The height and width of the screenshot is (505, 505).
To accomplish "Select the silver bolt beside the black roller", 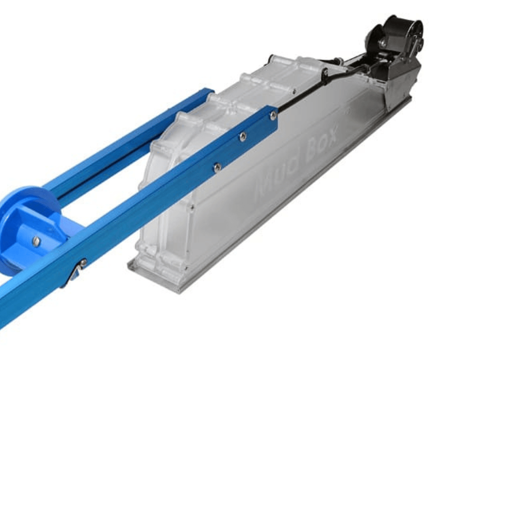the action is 383,42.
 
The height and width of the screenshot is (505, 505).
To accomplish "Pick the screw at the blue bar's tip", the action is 273,114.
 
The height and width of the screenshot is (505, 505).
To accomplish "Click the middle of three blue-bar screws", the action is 243,137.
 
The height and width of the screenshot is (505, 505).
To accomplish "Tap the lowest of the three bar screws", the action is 217,167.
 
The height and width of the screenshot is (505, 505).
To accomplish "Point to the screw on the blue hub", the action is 36,240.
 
